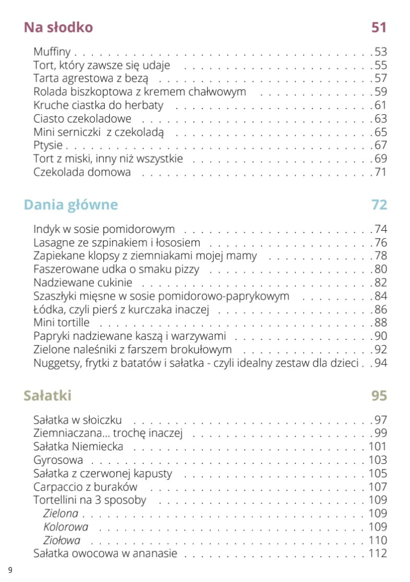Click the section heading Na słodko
(58, 27)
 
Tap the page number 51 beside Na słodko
(379, 27)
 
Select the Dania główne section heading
(71, 205)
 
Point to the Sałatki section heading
(47, 395)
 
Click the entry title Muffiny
(52, 52)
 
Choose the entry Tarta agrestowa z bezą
(91, 79)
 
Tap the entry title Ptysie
(48, 145)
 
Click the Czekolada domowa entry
(82, 171)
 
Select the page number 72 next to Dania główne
(379, 205)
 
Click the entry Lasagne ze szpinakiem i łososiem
(117, 242)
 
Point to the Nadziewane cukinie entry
(83, 283)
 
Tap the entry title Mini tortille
(61, 323)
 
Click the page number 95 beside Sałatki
(379, 395)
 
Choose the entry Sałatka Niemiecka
(78, 447)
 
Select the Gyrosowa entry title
(58, 460)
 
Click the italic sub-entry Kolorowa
(66, 527)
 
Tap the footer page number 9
(10, 569)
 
